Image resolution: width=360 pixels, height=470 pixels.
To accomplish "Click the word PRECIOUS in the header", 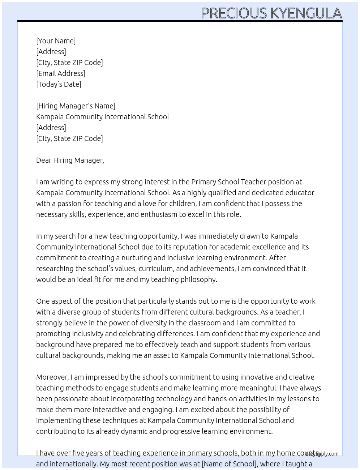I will [233, 13].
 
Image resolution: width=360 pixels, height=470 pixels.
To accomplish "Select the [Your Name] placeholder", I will [56, 41].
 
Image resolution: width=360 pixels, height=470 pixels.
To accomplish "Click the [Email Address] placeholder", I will [61, 73].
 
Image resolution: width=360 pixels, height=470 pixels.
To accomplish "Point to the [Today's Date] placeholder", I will [59, 84].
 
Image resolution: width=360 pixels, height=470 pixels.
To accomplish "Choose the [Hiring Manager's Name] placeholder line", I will [76, 106].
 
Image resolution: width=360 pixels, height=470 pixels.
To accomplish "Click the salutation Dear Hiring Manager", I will [70, 160].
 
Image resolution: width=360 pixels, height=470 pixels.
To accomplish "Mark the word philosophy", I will [199, 279].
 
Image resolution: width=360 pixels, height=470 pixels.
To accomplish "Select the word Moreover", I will [52, 377].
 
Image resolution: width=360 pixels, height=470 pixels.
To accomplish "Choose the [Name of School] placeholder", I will [229, 464].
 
